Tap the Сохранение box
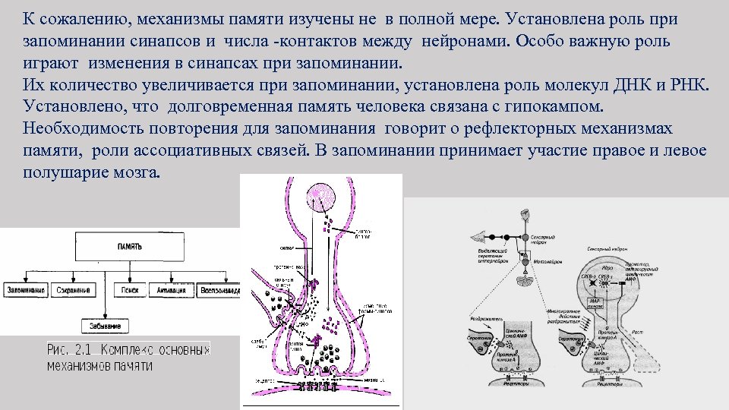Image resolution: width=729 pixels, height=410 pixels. pos(78,292)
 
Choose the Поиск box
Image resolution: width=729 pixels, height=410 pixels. pos(128,292)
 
